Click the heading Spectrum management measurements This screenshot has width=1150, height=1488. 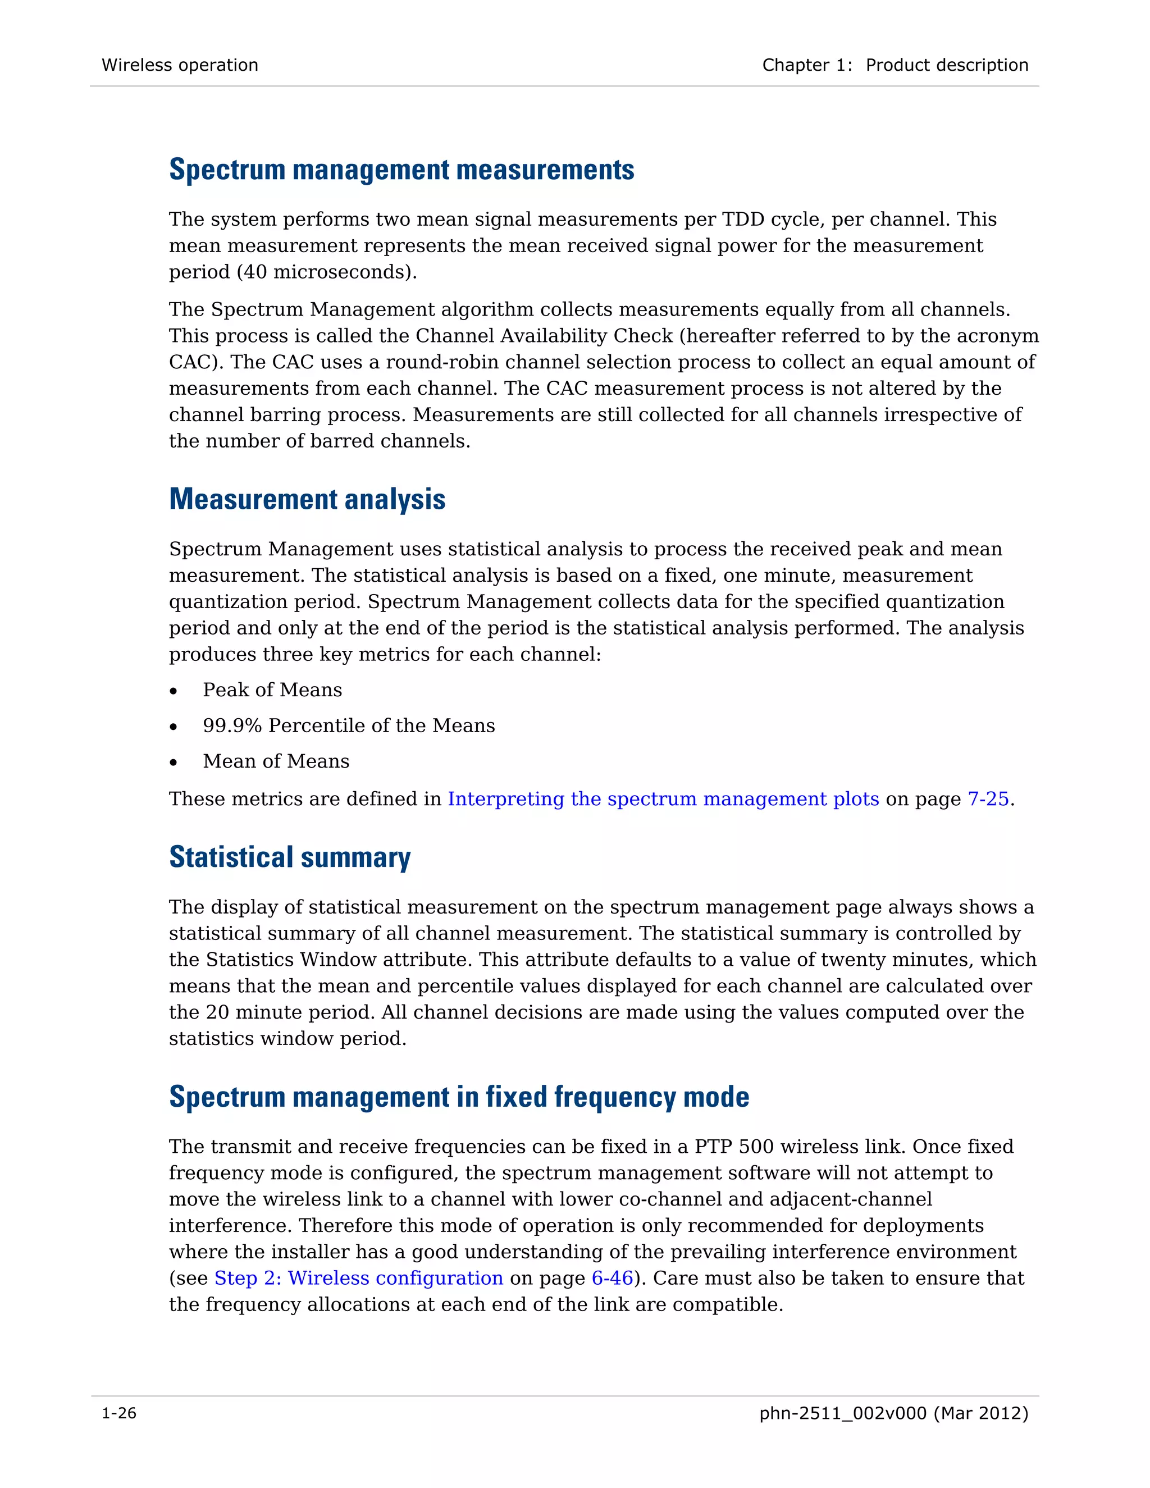401,170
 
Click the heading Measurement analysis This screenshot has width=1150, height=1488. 307,499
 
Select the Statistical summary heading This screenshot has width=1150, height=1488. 290,857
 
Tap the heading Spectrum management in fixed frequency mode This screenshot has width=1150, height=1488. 459,1097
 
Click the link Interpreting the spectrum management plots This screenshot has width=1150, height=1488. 663,798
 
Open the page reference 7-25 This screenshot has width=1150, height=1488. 988,798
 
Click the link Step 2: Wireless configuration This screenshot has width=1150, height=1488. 358,1278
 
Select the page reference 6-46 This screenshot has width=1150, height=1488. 612,1278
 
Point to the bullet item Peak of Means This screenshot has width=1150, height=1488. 272,690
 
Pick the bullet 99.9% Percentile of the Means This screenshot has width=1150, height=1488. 348,725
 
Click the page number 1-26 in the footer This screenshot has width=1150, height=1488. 119,1414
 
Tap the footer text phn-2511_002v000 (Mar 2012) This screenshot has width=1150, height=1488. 893,1414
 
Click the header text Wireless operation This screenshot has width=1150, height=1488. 180,65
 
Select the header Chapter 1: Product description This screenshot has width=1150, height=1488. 895,65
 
